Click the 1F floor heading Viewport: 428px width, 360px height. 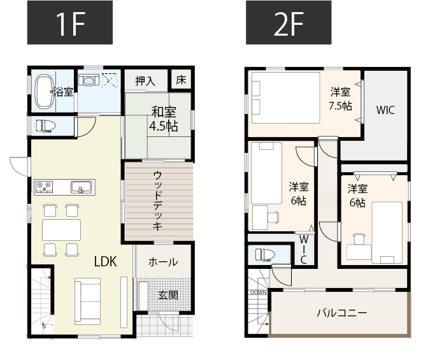click(70, 22)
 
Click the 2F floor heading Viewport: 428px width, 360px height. click(289, 22)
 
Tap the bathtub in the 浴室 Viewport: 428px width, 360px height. click(45, 92)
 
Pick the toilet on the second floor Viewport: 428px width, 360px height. click(265, 255)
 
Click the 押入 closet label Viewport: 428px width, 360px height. click(145, 81)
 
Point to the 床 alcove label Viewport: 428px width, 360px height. click(181, 80)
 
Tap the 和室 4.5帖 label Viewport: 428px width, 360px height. click(164, 119)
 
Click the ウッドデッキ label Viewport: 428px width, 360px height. click(157, 201)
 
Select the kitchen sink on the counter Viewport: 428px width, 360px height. click(81, 187)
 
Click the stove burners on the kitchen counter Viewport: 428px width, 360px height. click(44, 187)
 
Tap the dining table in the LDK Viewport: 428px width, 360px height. click(61, 230)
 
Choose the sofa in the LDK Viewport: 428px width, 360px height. click(88, 301)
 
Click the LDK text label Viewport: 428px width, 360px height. click(105, 262)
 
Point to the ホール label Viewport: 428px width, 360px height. click(163, 263)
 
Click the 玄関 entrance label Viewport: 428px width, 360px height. click(168, 295)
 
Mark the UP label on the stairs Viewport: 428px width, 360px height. click(43, 325)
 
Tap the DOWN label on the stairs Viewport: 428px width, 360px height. click(258, 292)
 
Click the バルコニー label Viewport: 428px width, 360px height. click(342, 313)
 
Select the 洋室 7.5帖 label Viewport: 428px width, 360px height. click(340, 99)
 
